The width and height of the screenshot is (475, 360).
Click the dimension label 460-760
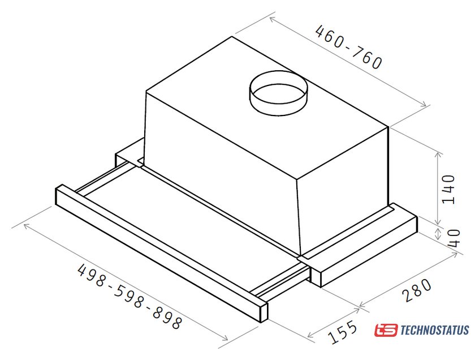point(349,48)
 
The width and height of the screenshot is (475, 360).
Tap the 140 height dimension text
point(448,190)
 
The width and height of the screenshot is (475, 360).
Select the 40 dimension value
point(454,238)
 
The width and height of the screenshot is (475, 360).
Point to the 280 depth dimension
point(417,290)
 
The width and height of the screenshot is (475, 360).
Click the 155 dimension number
point(342,332)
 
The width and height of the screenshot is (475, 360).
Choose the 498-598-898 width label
point(130,296)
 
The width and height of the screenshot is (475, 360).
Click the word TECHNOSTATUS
point(435,330)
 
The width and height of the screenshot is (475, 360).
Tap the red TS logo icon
point(386,330)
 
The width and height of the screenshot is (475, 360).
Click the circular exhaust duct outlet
point(278,93)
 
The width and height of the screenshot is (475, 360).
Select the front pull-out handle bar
point(162,253)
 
